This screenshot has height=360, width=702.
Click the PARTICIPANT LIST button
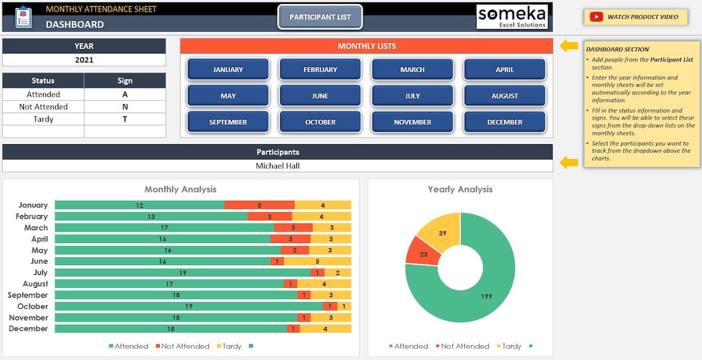point(320,17)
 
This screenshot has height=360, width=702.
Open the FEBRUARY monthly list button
point(320,70)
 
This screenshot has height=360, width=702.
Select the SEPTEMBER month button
point(227,122)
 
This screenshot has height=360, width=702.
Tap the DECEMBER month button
point(504,122)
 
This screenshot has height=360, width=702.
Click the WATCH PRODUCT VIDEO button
point(635,17)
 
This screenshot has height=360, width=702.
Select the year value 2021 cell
point(84,60)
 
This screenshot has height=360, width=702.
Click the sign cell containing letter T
point(125,119)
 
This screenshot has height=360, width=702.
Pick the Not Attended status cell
point(43,107)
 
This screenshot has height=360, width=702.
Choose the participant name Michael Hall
point(278,166)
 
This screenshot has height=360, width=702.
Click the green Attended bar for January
point(139,205)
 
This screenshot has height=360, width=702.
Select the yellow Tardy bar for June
point(317,261)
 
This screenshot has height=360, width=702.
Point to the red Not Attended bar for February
point(269,216)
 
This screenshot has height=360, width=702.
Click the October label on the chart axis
point(32,306)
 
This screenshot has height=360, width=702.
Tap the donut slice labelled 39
point(441,233)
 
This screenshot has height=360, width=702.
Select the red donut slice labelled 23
point(419,252)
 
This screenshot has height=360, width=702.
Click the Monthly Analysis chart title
point(180,189)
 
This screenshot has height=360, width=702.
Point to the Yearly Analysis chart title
point(460,189)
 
